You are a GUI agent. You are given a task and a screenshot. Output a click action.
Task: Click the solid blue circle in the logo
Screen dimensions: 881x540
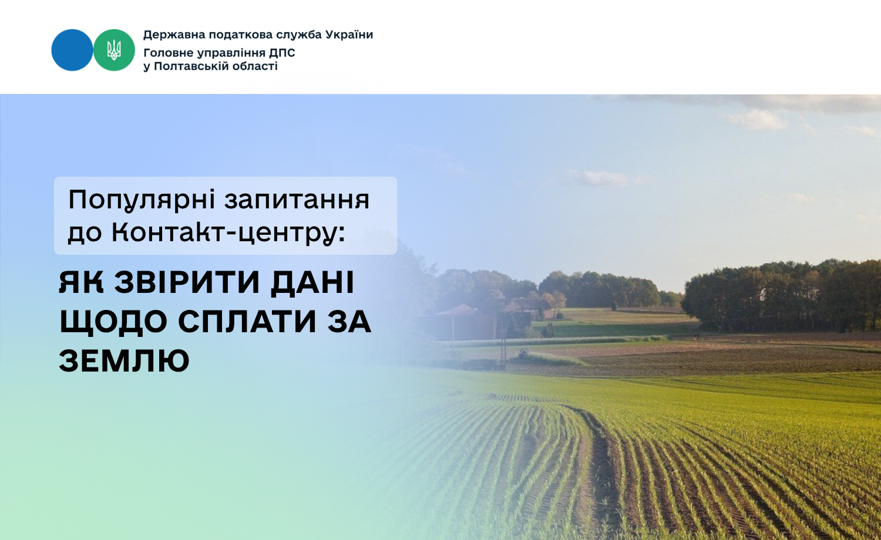click(x=72, y=50)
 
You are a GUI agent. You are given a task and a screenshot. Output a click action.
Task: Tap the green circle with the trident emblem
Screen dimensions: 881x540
click(x=114, y=50)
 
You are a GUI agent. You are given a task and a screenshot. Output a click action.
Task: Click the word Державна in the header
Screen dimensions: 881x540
click(x=174, y=35)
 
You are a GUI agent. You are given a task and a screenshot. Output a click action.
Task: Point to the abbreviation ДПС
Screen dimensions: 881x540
click(x=282, y=53)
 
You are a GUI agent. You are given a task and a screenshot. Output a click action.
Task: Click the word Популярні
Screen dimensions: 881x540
click(x=142, y=200)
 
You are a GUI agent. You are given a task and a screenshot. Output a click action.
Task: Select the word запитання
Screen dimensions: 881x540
click(x=297, y=200)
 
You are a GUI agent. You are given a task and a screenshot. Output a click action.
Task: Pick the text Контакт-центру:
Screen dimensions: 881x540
click(x=228, y=234)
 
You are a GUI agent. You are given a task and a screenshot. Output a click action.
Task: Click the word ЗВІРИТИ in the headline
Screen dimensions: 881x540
click(x=187, y=282)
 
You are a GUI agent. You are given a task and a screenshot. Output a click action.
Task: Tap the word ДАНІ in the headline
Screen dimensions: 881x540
click(x=312, y=282)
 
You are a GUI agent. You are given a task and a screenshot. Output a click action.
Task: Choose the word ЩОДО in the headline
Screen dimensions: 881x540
click(x=113, y=322)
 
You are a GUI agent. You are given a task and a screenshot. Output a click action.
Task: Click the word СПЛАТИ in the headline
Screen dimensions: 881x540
click(x=247, y=322)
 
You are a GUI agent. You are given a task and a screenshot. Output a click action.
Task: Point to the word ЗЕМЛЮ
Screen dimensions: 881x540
click(x=125, y=360)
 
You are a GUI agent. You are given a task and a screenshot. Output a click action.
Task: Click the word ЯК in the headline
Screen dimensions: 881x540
click(x=82, y=282)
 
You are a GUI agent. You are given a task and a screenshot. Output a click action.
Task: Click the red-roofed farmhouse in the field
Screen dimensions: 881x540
click(x=526, y=306)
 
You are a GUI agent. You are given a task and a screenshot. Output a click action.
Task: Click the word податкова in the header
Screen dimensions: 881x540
click(x=240, y=35)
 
